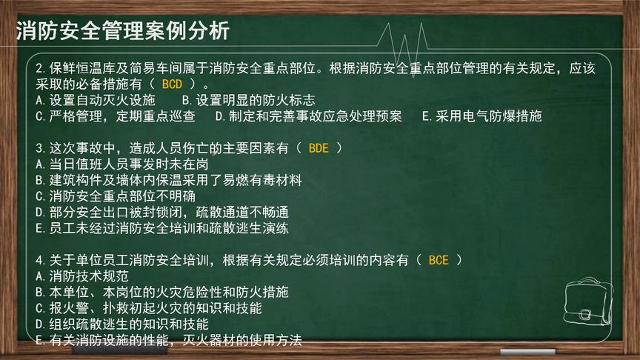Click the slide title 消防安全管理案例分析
click(123, 31)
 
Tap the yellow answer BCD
click(172, 84)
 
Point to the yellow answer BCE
click(439, 260)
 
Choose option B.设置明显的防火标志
click(248, 99)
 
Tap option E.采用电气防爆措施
click(481, 116)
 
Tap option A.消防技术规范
click(81, 276)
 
